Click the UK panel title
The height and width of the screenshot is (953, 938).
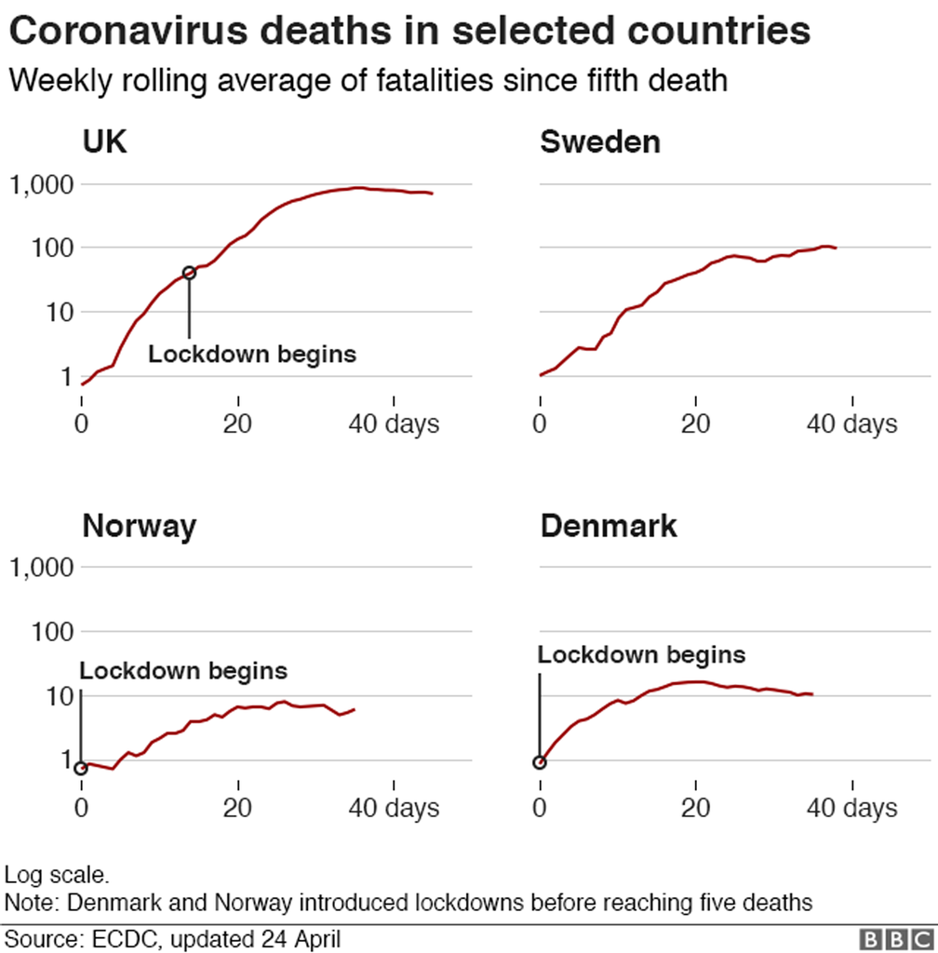[x=104, y=142]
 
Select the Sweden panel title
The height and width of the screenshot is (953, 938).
[x=600, y=142]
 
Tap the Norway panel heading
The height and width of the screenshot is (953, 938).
[x=139, y=527]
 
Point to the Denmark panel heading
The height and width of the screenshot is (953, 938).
[x=609, y=527]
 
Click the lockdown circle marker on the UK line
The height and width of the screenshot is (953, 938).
[x=189, y=273]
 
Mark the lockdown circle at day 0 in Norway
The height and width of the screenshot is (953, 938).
[x=82, y=768]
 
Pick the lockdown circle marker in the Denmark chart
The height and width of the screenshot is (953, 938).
[x=540, y=763]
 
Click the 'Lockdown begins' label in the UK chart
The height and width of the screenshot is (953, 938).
[x=252, y=355]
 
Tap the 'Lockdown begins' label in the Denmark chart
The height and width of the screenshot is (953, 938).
[x=642, y=655]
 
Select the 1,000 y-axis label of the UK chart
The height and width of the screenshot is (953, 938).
[x=40, y=185]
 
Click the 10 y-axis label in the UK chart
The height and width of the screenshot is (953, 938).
[x=54, y=312]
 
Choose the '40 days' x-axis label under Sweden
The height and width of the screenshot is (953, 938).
[x=851, y=424]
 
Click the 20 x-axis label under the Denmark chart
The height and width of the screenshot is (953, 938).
[x=696, y=808]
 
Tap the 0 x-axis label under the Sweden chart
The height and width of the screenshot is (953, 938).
[x=540, y=424]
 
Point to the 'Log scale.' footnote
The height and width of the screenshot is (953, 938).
[x=58, y=875]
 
